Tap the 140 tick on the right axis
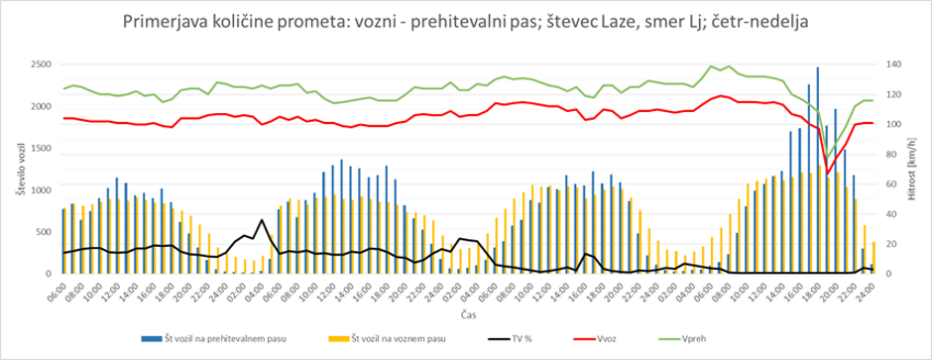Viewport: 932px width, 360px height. tap(888, 64)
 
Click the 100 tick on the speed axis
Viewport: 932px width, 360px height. tap(888, 124)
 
